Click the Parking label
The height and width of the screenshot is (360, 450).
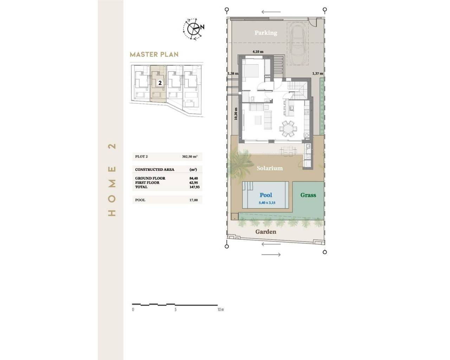tap(266, 33)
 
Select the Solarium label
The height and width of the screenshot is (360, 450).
tap(270, 168)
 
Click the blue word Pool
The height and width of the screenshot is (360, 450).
tap(266, 195)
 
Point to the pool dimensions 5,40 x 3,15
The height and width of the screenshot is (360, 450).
tap(267, 203)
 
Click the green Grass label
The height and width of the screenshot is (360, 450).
tap(308, 195)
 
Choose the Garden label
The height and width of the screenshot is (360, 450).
tap(266, 232)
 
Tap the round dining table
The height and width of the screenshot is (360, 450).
tap(288, 128)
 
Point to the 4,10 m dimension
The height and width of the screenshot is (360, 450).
tap(258, 52)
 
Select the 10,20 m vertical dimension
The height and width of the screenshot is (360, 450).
tap(236, 114)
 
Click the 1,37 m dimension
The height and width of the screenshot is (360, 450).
tap(317, 73)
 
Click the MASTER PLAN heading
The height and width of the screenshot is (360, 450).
tap(154, 54)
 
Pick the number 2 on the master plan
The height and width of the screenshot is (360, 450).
tap(160, 83)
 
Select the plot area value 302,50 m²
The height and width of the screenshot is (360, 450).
tap(189, 157)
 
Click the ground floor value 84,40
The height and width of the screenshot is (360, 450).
tap(193, 178)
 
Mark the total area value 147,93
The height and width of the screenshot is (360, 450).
tap(194, 187)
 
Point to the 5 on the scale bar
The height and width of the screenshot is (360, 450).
tap(175, 310)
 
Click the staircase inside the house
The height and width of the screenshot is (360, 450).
tap(297, 88)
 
